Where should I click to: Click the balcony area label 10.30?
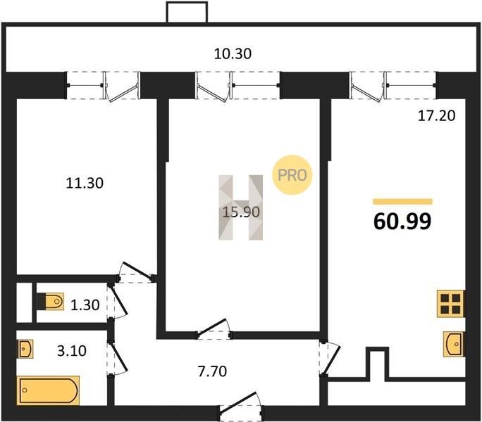(233, 53)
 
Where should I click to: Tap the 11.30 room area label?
(85, 183)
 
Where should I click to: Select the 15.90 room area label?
(241, 212)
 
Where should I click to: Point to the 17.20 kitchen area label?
(436, 116)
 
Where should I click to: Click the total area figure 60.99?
(402, 222)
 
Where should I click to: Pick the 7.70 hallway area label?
(212, 371)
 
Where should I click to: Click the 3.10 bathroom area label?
(72, 350)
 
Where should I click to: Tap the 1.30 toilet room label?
(85, 305)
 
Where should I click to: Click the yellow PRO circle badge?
(292, 175)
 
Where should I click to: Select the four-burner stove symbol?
(451, 304)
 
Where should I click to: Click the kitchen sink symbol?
(454, 345)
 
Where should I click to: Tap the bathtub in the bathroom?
(48, 390)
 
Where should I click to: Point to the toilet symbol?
(51, 302)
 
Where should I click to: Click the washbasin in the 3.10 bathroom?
(25, 349)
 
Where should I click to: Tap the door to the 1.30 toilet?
(117, 302)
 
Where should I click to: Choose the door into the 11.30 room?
(136, 272)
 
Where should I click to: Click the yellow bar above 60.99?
(402, 202)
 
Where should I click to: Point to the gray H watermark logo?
(241, 207)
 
